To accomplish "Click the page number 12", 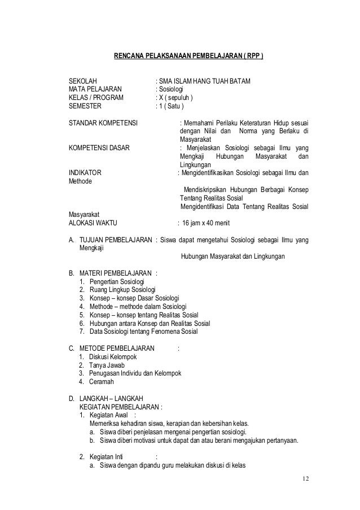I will [x=305, y=479].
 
